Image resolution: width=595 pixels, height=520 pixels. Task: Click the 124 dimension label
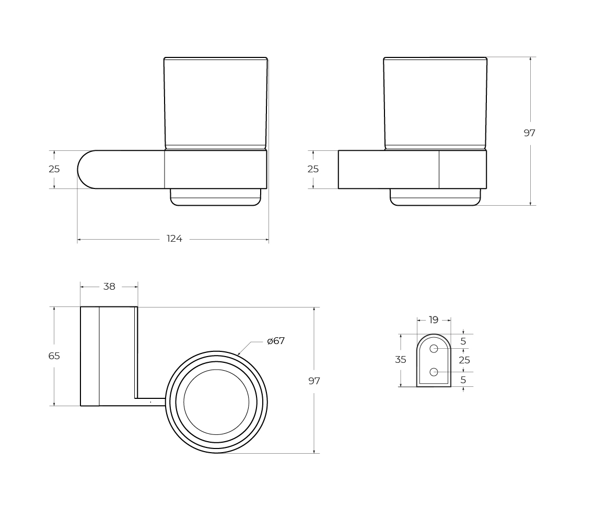[174, 239]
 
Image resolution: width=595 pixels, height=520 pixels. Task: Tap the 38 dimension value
[109, 287]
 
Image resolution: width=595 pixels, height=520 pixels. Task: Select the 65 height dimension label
[54, 356]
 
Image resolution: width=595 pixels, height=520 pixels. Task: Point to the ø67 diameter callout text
[276, 341]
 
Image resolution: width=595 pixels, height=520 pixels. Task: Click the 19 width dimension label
[434, 320]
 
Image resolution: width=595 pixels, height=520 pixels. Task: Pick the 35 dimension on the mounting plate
[401, 360]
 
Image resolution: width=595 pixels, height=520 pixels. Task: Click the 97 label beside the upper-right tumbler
[529, 133]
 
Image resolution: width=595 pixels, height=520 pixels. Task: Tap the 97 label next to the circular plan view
[314, 381]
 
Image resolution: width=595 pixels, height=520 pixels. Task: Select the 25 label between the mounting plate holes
[464, 360]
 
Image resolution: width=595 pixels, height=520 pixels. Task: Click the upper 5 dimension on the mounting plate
[463, 341]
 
